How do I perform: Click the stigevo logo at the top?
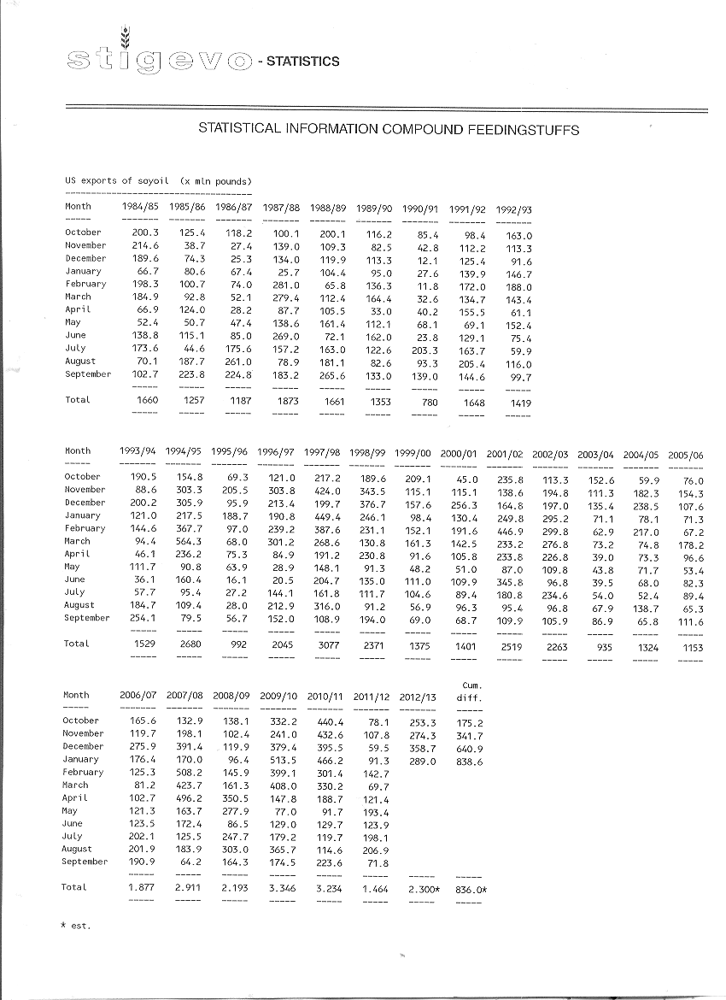pyautogui.click(x=159, y=59)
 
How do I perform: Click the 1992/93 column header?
pyautogui.click(x=514, y=210)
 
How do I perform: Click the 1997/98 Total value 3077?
pyautogui.click(x=329, y=646)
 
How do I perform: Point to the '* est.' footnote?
pyautogui.click(x=76, y=926)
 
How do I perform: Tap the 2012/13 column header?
pyautogui.click(x=418, y=697)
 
